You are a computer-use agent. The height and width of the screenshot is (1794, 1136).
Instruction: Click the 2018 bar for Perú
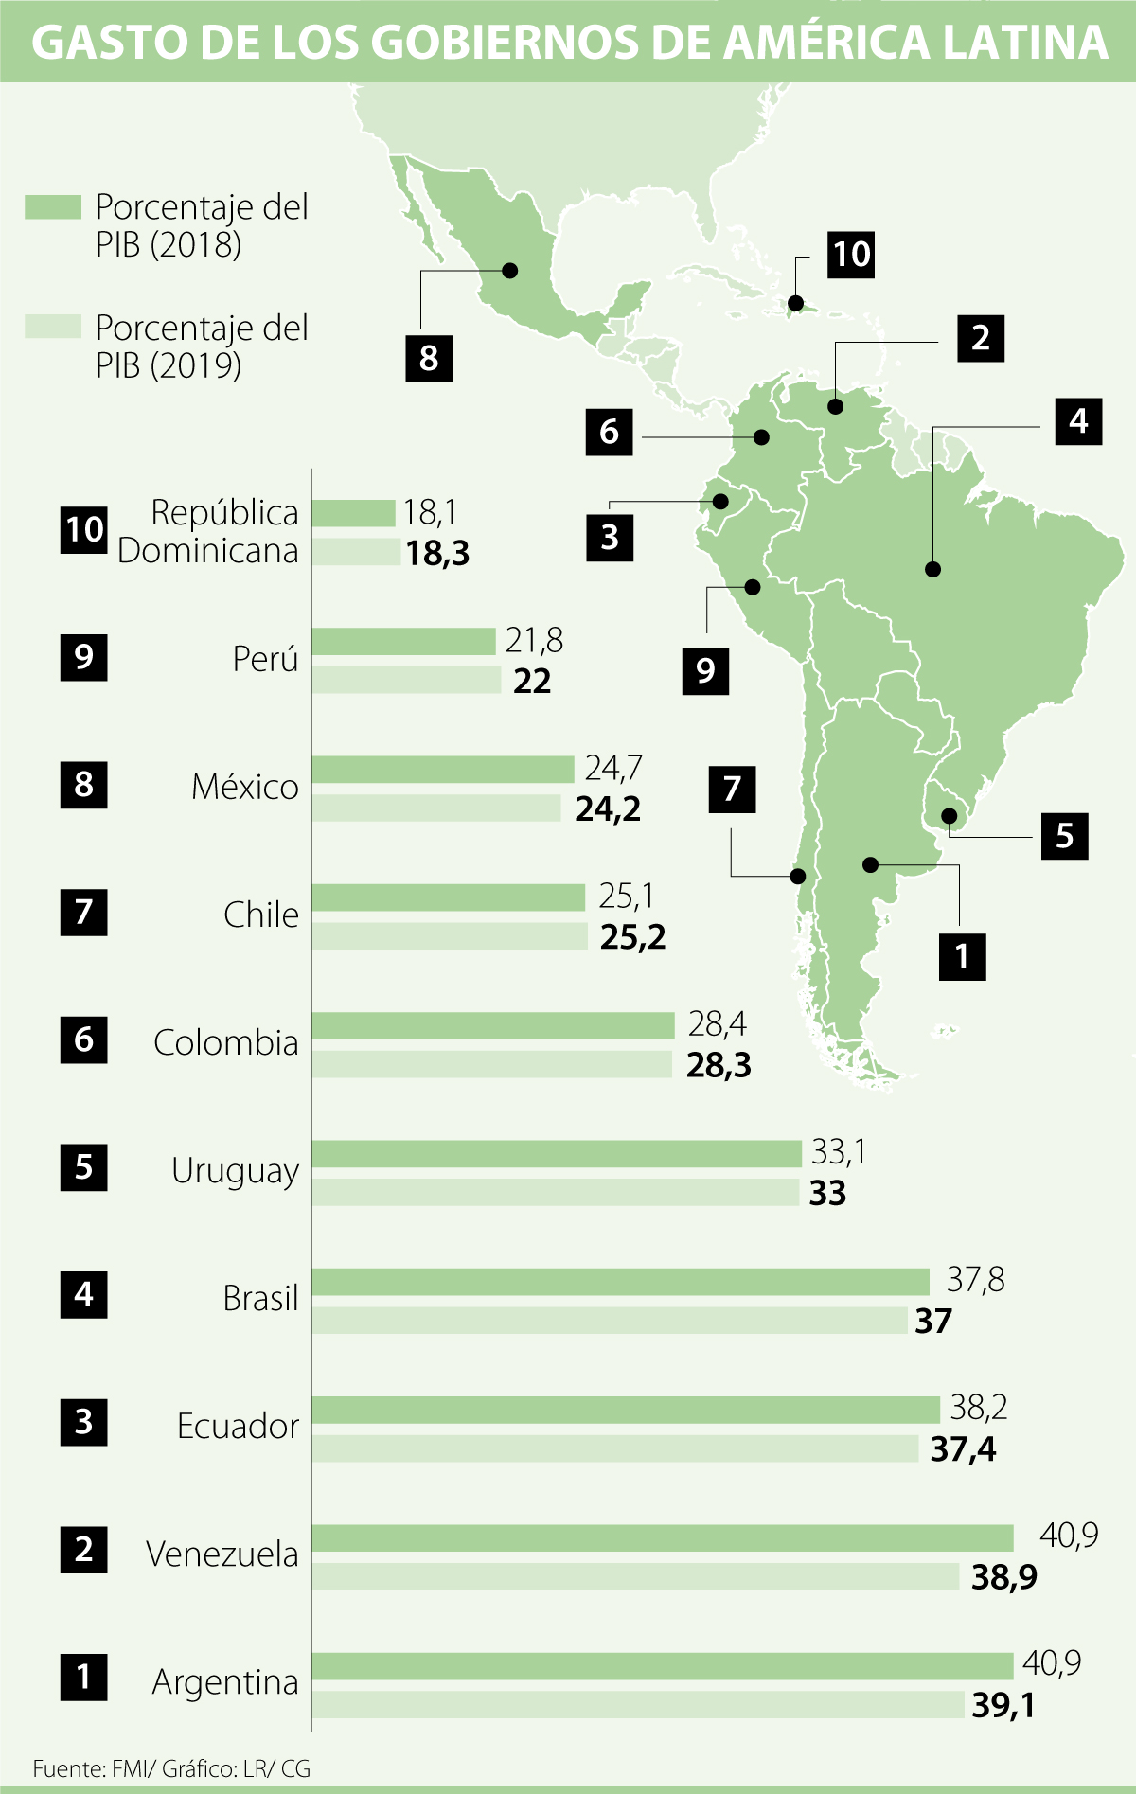[x=403, y=641]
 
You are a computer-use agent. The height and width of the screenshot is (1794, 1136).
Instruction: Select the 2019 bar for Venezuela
[x=635, y=1576]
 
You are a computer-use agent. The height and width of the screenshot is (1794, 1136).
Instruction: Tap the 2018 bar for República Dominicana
[x=353, y=513]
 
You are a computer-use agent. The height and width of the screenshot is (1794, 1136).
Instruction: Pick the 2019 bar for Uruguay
[x=556, y=1192]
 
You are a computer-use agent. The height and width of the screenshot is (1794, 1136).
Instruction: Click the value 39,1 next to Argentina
[x=1003, y=1705]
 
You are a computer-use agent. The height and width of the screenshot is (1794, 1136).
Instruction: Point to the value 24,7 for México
[x=613, y=768]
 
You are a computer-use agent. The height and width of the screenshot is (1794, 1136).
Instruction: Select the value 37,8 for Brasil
[x=975, y=1280]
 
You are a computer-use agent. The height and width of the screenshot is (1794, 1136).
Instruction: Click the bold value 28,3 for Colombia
[x=719, y=1065]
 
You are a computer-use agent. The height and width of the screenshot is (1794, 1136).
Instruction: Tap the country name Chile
[x=260, y=915]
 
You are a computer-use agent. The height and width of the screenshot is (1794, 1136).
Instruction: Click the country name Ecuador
[x=238, y=1426]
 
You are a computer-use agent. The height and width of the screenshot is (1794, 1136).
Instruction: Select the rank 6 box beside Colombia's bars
[x=83, y=1039]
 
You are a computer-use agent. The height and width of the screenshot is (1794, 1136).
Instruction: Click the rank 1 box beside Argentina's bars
[x=83, y=1677]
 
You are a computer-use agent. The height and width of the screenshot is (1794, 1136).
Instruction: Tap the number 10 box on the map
[x=850, y=254]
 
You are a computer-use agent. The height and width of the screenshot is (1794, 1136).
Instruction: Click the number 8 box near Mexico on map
[x=429, y=358]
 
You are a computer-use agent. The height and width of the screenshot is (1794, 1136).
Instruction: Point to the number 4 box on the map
[x=1078, y=420]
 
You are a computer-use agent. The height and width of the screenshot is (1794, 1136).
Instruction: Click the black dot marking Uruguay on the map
[x=948, y=815]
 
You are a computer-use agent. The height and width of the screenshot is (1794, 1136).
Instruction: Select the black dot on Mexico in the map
[x=510, y=271]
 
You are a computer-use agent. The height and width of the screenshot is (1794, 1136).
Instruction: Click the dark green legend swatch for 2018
[x=53, y=207]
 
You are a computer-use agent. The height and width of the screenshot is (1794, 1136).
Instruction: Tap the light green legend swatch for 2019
[x=53, y=327]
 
